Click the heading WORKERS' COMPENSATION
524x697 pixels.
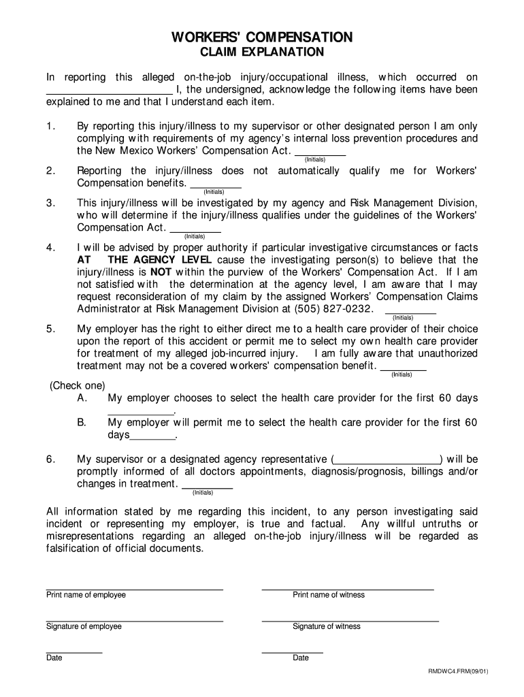pyautogui.click(x=261, y=37)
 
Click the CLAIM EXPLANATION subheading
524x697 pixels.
pyautogui.click(x=261, y=53)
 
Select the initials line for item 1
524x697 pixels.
pyautogui.click(x=320, y=154)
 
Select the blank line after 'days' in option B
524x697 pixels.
pyautogui.click(x=152, y=438)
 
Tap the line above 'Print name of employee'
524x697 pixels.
pyautogui.click(x=134, y=588)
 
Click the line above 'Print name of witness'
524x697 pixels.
pyautogui.click(x=348, y=588)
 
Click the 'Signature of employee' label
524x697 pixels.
pyautogui.click(x=84, y=627)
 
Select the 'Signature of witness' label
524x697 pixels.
pyautogui.click(x=327, y=627)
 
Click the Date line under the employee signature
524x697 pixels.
pyautogui.click(x=74, y=652)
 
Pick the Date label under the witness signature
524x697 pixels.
pyautogui.click(x=301, y=658)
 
